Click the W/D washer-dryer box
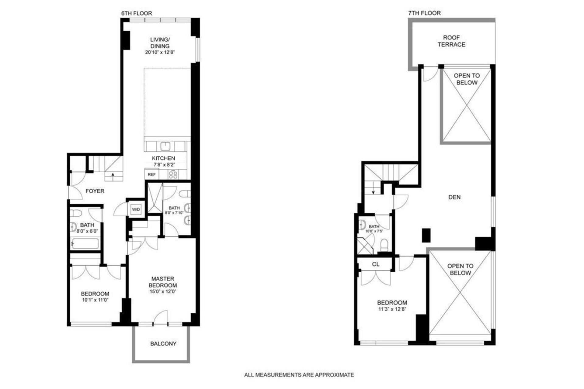coord(136,209)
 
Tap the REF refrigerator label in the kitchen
coord(151,174)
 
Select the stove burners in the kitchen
coord(173,174)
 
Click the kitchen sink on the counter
coord(165,146)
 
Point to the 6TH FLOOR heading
coord(137,13)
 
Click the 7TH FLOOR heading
coord(424,13)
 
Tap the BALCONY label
coord(163,344)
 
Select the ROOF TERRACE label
coord(451,41)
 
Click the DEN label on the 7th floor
coord(454,197)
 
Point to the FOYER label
coord(95,191)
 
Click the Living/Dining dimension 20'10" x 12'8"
coord(160,52)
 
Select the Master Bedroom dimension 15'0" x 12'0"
coord(163,291)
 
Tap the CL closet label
coord(376,264)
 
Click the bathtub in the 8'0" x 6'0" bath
coord(85,244)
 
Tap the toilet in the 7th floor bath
coord(384,245)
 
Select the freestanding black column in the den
coord(426,235)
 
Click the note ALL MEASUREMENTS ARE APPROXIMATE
coord(299,375)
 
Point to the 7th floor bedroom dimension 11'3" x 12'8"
coord(392,309)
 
